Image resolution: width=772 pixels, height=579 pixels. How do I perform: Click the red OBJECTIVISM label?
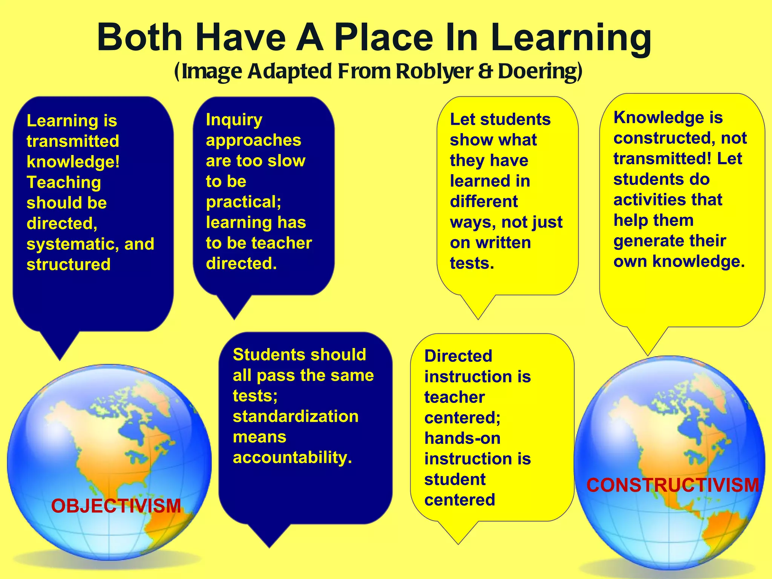[116, 506]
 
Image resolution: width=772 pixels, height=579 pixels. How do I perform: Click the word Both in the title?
[140, 38]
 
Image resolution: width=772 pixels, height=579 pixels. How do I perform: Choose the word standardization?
[296, 417]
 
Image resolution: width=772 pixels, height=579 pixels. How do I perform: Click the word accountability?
[292, 458]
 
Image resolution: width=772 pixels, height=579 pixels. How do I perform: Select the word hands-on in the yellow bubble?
[463, 438]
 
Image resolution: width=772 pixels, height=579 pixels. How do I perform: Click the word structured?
[69, 265]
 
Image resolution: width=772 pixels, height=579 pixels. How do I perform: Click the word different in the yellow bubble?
[484, 202]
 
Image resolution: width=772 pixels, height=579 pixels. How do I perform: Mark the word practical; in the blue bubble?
[244, 202]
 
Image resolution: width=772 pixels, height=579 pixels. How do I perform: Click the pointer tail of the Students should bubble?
[269, 535]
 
